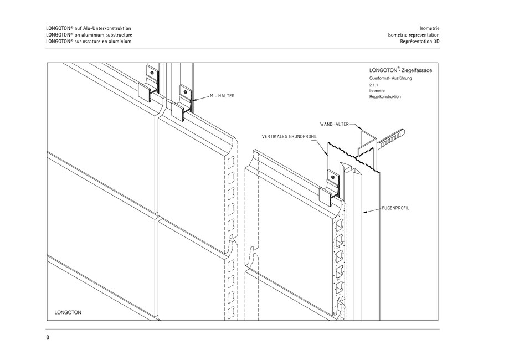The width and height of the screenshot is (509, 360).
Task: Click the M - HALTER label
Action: (222, 96)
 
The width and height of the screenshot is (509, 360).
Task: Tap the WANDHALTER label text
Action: (334, 124)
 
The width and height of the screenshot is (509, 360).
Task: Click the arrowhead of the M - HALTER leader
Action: (193, 99)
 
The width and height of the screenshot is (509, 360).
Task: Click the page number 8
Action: (48, 337)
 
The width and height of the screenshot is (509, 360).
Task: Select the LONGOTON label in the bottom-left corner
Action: (68, 312)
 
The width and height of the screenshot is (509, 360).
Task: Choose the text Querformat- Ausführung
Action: (390, 79)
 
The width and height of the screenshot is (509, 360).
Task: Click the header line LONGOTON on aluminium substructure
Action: (89, 34)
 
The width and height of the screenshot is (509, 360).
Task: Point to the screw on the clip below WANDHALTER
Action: (333, 177)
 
